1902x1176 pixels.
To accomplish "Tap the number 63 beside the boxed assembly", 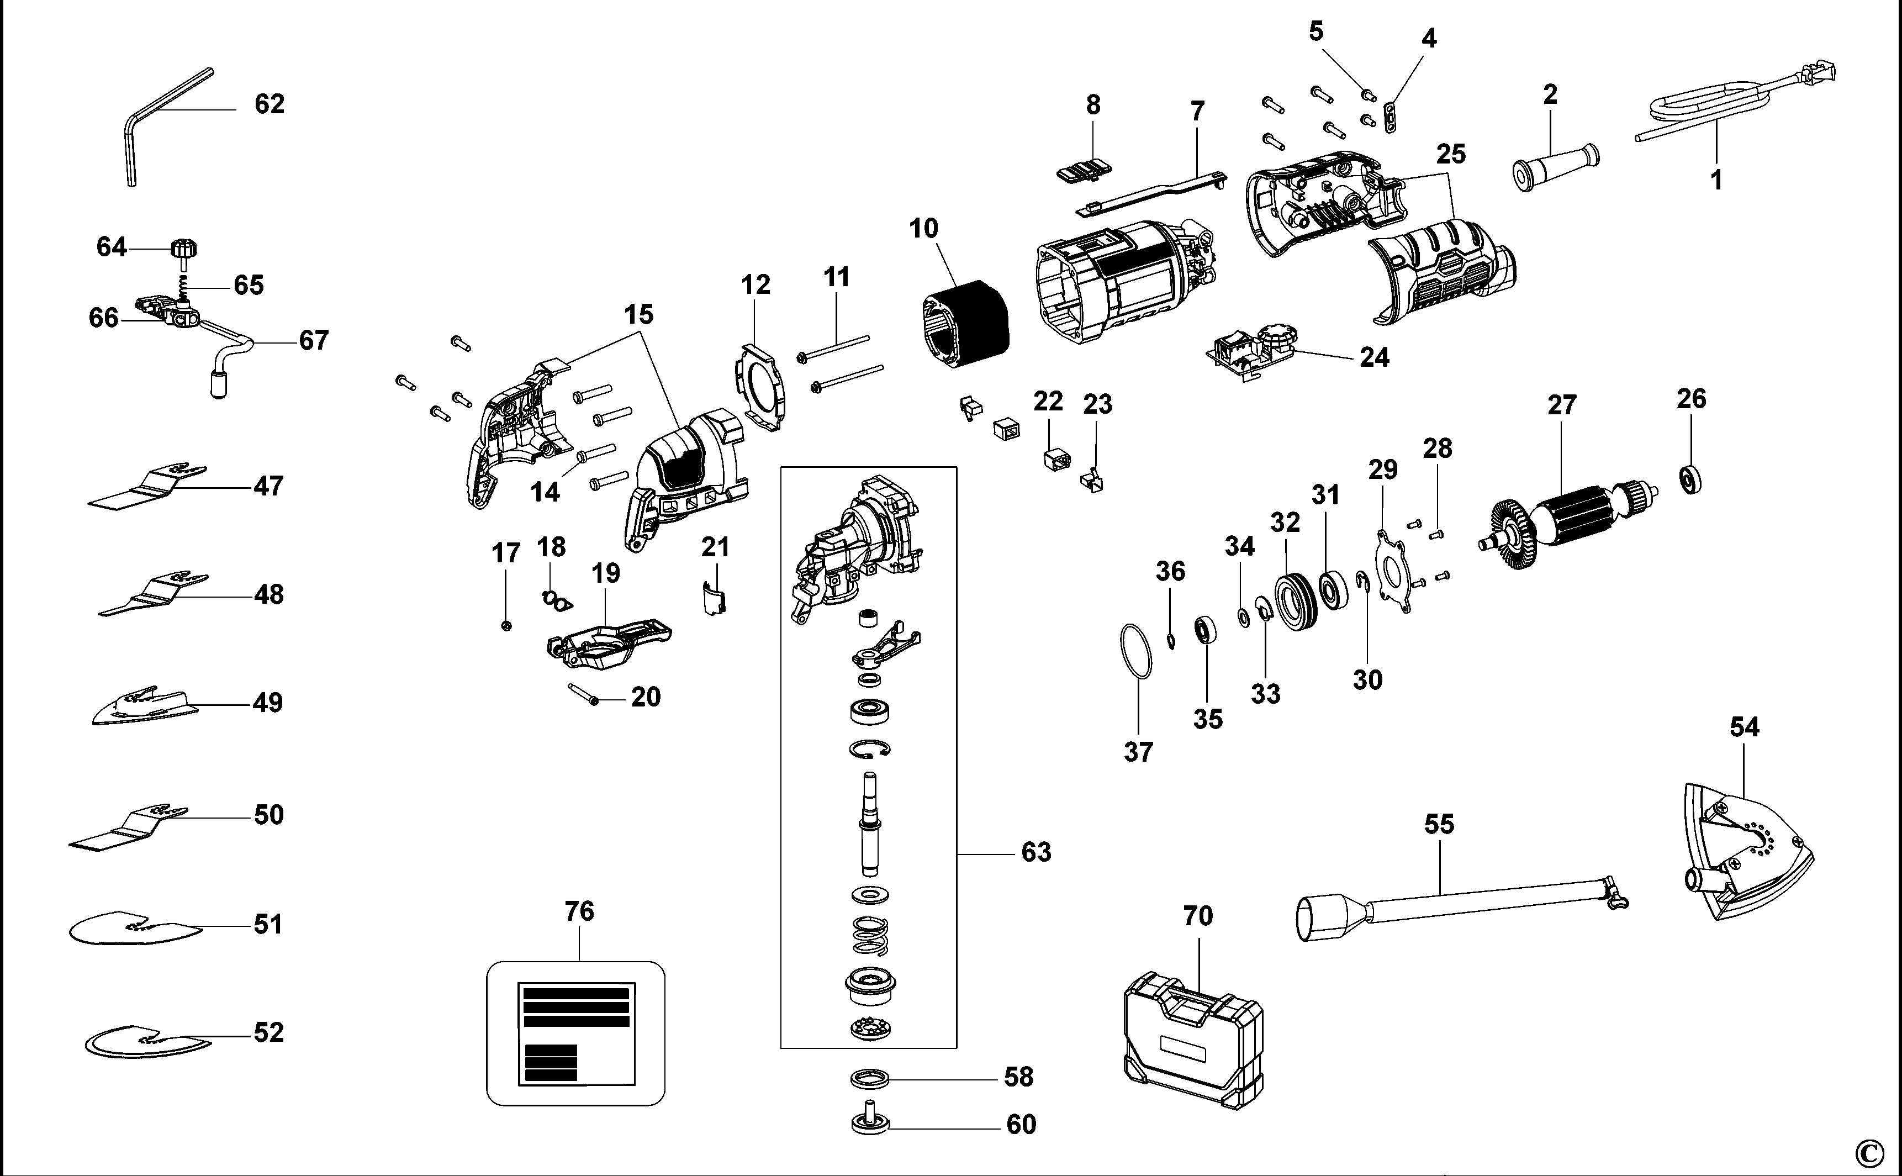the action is click(x=1035, y=852).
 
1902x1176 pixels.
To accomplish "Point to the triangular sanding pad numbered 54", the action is click(x=1742, y=856).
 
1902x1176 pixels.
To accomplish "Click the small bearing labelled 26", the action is click(x=1690, y=479).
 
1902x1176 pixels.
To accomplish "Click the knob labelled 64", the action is click(x=183, y=250).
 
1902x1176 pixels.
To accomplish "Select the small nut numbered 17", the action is click(x=506, y=625).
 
